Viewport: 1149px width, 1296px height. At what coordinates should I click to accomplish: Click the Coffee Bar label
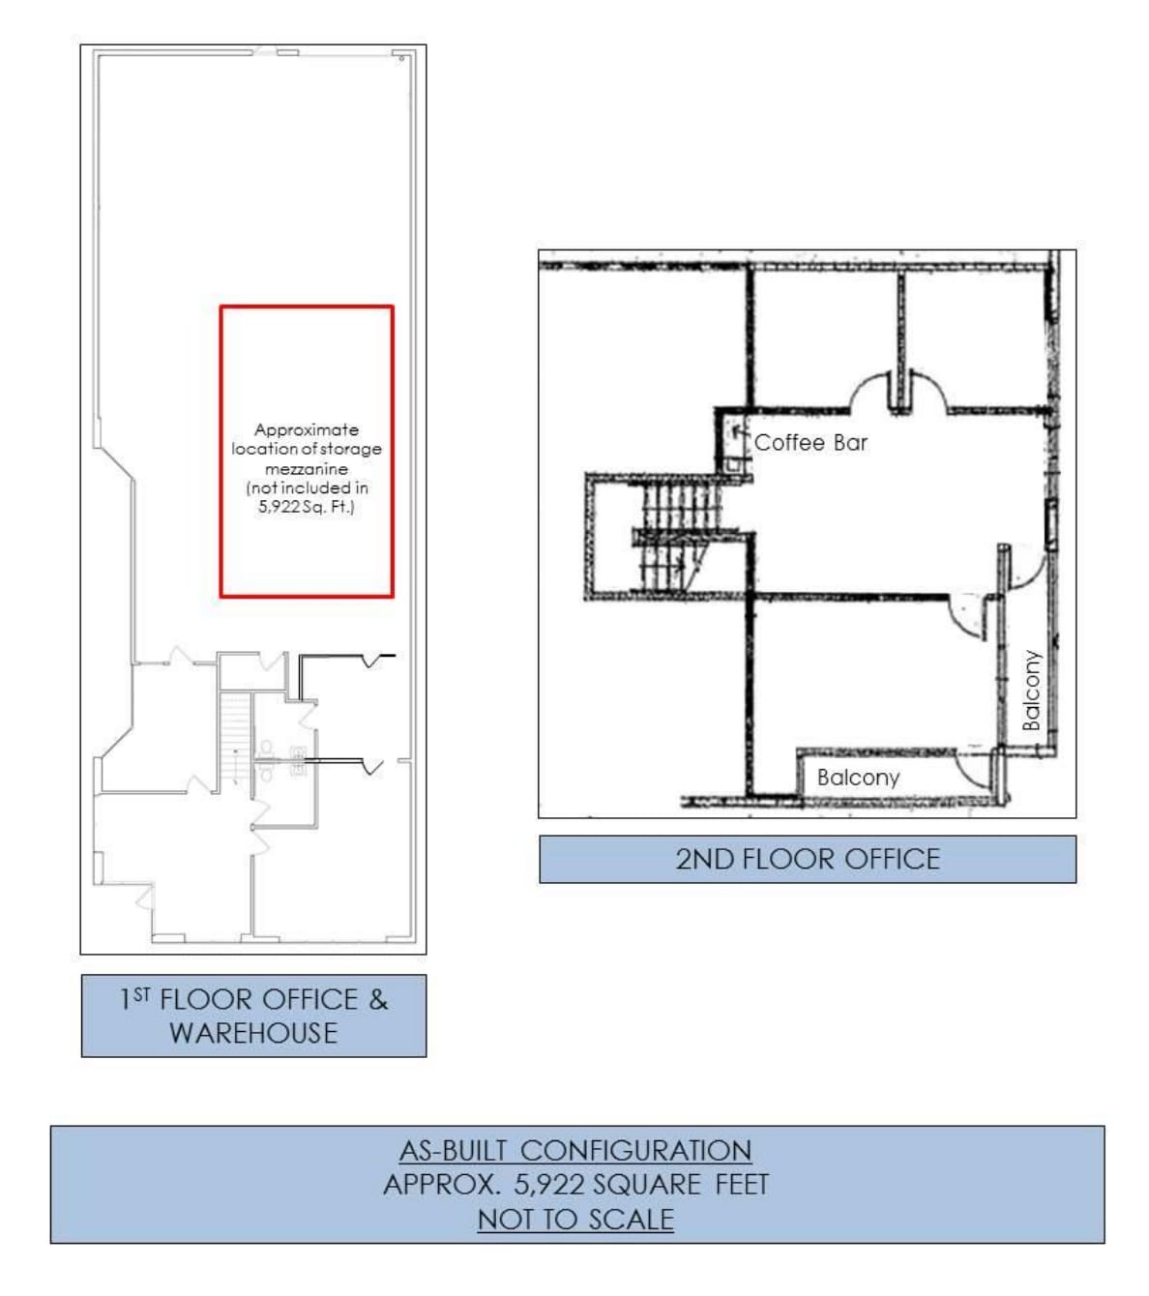tap(810, 442)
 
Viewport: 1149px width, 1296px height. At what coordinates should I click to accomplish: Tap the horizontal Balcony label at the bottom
tap(858, 777)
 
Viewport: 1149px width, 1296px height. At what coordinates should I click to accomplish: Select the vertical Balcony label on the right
tap(1032, 690)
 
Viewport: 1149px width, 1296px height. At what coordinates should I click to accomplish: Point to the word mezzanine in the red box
tap(306, 468)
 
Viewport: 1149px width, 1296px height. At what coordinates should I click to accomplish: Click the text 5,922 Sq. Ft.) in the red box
tap(306, 506)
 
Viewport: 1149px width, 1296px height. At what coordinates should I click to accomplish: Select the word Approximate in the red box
tap(306, 429)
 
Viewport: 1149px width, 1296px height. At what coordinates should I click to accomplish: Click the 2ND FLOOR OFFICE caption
tap(807, 859)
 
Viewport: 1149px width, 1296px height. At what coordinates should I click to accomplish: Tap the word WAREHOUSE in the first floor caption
tap(253, 1033)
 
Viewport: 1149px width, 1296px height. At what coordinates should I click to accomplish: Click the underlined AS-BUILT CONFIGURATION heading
tap(575, 1150)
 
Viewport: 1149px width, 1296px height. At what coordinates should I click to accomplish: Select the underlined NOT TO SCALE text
tap(575, 1220)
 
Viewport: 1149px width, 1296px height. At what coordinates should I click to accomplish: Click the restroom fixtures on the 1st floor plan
tap(280, 759)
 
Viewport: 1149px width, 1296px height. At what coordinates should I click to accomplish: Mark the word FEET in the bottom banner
tap(742, 1185)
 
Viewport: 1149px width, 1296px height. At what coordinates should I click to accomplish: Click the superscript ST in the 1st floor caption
tap(141, 993)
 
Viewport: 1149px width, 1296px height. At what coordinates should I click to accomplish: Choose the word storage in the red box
tap(350, 449)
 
